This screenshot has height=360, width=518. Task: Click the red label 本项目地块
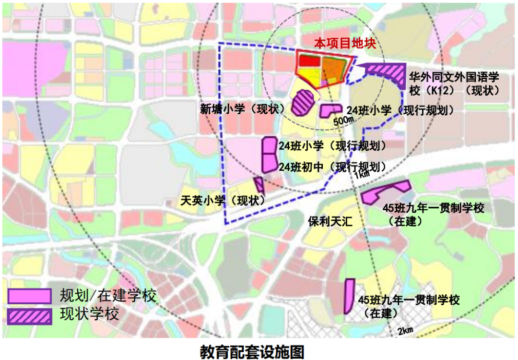click(x=344, y=43)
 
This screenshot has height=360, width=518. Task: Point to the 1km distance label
click(x=362, y=175)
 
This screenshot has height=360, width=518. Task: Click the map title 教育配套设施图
click(x=252, y=351)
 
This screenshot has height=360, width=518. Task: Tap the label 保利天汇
click(x=330, y=221)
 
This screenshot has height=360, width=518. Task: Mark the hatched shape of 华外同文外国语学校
click(x=386, y=73)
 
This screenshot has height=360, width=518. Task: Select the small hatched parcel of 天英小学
click(x=259, y=184)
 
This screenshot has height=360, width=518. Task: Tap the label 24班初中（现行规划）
click(x=332, y=167)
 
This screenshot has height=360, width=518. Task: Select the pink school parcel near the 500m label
click(x=330, y=110)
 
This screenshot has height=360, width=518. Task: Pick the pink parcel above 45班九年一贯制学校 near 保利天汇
click(x=385, y=192)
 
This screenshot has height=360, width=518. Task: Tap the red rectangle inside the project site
click(x=308, y=61)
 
